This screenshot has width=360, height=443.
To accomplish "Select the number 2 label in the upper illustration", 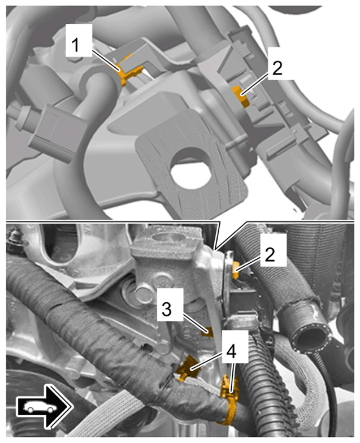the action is (277, 63).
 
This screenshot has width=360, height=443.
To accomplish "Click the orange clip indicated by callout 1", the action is (129, 74).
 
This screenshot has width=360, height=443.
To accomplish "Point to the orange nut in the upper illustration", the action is (240, 97).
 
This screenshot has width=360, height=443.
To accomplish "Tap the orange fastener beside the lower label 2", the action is (236, 270).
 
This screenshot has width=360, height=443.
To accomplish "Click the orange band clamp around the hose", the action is (229, 398).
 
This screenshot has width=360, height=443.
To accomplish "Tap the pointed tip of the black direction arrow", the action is (73, 407).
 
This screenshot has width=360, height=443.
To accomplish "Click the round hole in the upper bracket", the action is (190, 168).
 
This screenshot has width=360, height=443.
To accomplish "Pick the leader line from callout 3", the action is (196, 323).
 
